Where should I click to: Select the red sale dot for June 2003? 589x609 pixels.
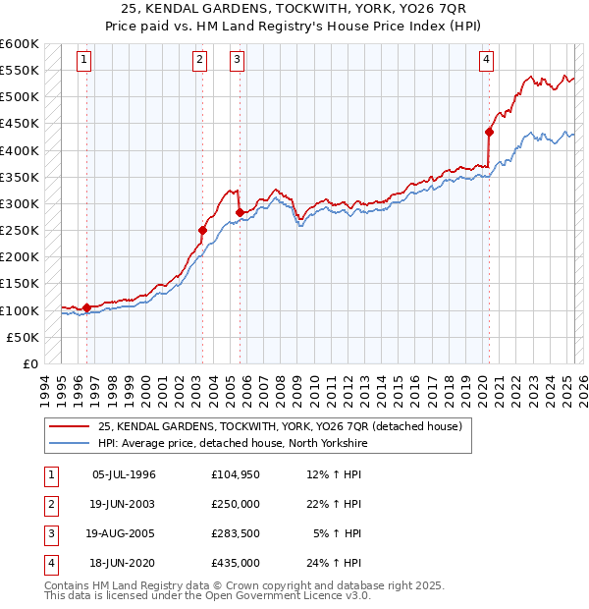click(202, 231)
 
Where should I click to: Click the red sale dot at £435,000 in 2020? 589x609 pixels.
click(489, 132)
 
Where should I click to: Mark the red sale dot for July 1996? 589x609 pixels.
click(86, 307)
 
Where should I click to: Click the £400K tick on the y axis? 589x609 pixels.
click(20, 150)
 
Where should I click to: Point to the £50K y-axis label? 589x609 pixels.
click(24, 337)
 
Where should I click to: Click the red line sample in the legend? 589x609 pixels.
click(70, 426)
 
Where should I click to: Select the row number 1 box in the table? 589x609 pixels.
click(50, 474)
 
